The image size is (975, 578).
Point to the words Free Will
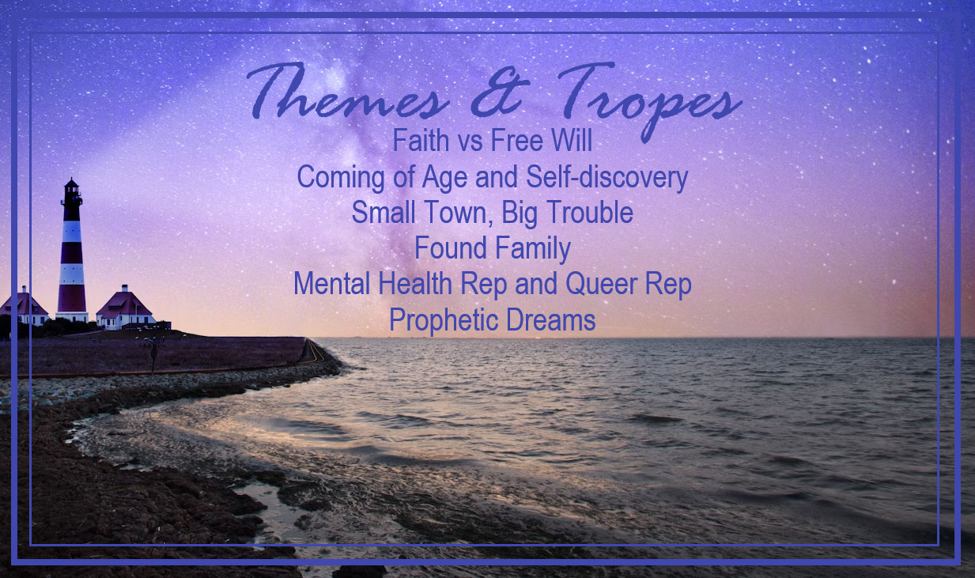542,140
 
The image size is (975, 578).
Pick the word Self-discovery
607,178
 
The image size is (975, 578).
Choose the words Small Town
421,213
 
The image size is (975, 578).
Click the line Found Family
493,248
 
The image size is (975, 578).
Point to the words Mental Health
373,283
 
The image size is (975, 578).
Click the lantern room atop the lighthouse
71,191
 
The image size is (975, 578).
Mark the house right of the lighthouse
126,308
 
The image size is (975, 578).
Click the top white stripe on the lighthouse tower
71,231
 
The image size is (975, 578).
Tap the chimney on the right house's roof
125,288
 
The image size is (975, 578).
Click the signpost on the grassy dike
154,356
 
